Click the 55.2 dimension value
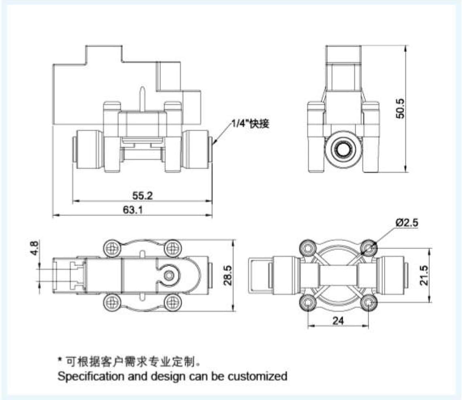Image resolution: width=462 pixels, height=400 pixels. [143, 196]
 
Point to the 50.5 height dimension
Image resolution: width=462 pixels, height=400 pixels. [400, 108]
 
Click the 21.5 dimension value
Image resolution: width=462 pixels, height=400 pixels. [424, 276]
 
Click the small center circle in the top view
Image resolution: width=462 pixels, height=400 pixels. [170, 276]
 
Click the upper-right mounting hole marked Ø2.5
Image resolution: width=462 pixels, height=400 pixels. [368, 247]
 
